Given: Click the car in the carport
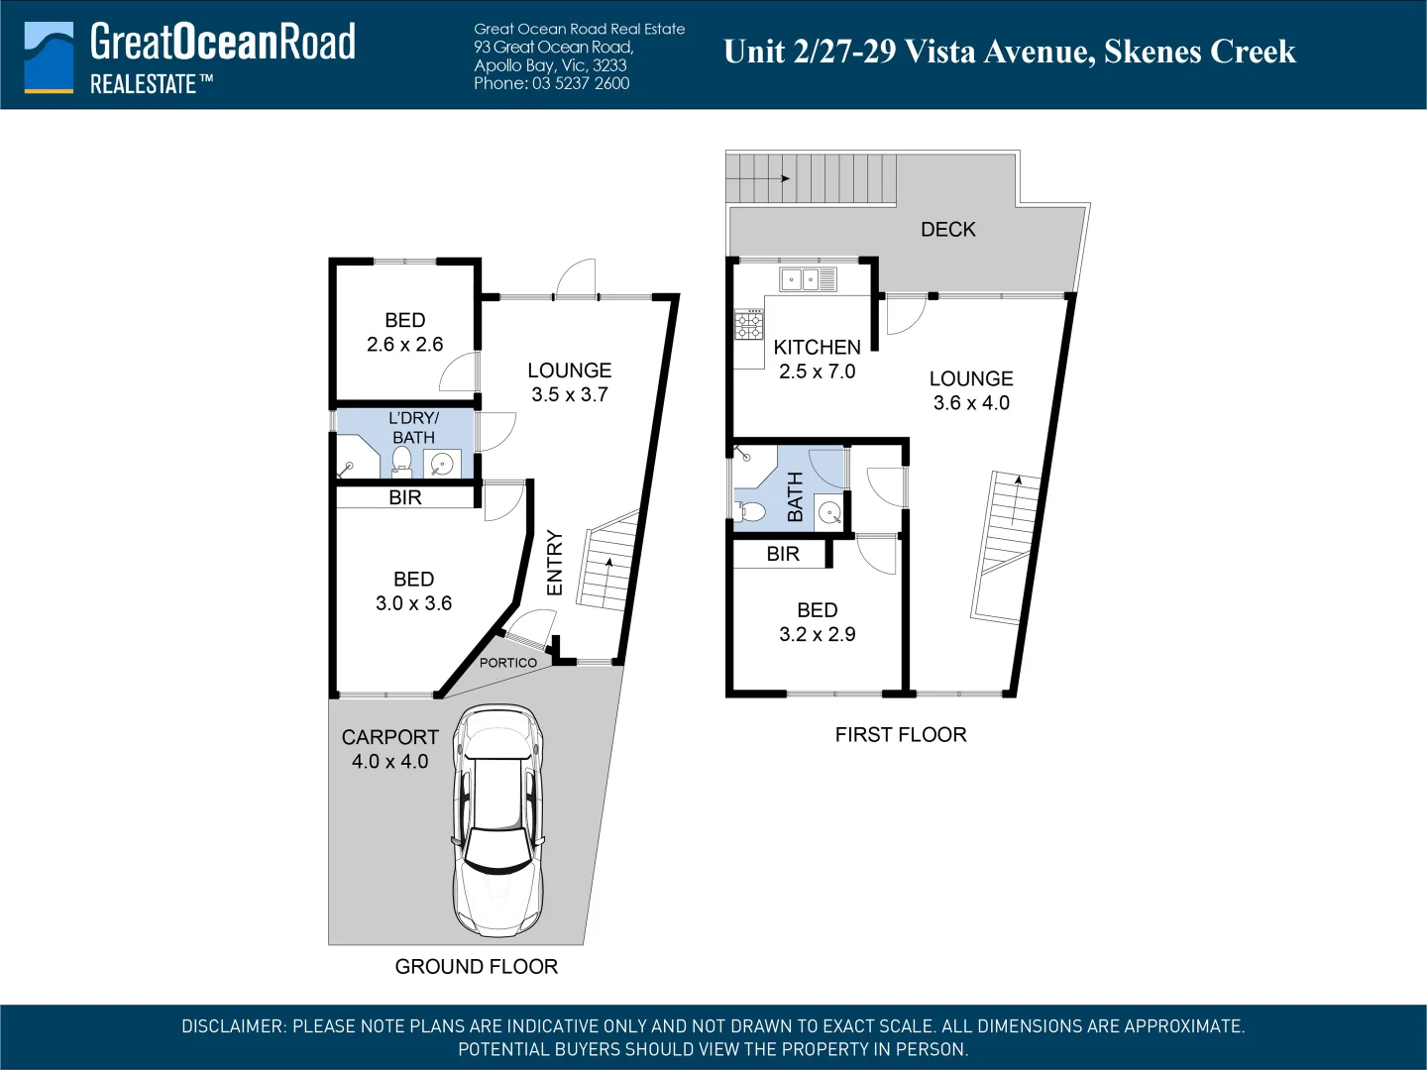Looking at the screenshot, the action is pyautogui.click(x=498, y=820).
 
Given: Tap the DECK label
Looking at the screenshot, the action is pyautogui.click(x=948, y=229).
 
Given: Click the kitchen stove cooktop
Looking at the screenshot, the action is pyautogui.click(x=749, y=324).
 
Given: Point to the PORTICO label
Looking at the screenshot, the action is pyautogui.click(x=507, y=663).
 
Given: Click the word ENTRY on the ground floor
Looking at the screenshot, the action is pyautogui.click(x=555, y=563).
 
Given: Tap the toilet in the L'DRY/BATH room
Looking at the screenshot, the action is pyautogui.click(x=401, y=462).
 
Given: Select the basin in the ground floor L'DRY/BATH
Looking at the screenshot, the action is pyautogui.click(x=442, y=465).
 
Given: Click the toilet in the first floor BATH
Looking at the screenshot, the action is pyautogui.click(x=749, y=511).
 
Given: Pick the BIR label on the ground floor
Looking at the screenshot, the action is pyautogui.click(x=405, y=497).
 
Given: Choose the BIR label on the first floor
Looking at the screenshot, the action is pyautogui.click(x=783, y=554).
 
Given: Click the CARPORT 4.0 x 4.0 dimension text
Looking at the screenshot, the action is pyautogui.click(x=390, y=762).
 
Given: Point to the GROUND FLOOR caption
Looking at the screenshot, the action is pyautogui.click(x=477, y=967).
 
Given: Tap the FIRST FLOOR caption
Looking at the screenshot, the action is pyautogui.click(x=901, y=735).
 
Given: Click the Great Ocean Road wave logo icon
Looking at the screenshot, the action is pyautogui.click(x=49, y=57).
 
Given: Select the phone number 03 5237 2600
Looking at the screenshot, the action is pyautogui.click(x=581, y=83).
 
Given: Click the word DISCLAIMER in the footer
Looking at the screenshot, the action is pyautogui.click(x=234, y=1026).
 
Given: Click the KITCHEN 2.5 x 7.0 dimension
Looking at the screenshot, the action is pyautogui.click(x=818, y=372).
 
